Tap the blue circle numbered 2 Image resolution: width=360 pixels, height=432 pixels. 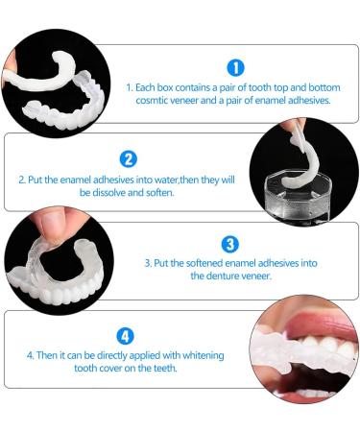pos(128,158)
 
